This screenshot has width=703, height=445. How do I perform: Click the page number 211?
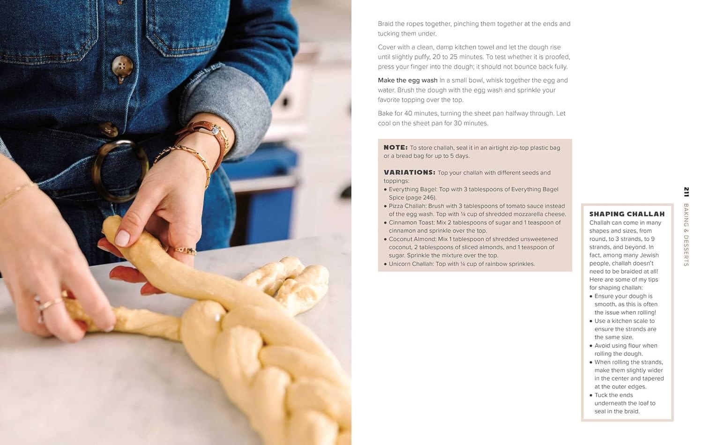(x=687, y=192)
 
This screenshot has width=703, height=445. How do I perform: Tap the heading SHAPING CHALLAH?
(x=627, y=214)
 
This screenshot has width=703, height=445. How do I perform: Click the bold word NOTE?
(x=396, y=148)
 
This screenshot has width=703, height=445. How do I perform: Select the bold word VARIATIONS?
(x=410, y=172)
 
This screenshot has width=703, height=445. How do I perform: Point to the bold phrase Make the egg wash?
(x=407, y=80)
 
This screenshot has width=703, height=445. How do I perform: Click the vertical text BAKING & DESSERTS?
(x=687, y=235)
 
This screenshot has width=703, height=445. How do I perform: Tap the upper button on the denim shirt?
(x=122, y=67)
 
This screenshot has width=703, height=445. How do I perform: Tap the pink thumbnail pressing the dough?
(x=122, y=238)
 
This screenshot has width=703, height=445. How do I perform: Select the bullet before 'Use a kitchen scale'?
(x=591, y=321)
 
